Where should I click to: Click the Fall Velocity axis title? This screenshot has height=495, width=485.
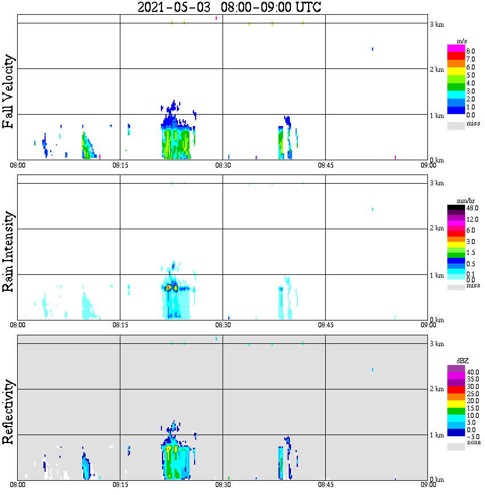[9, 91]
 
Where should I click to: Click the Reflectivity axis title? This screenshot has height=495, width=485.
[9, 413]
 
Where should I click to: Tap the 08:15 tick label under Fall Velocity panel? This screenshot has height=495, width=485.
[120, 165]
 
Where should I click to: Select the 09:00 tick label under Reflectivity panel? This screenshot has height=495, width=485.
[429, 485]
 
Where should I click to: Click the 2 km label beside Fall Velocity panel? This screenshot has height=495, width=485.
[436, 70]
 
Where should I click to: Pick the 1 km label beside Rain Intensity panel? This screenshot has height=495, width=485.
[436, 275]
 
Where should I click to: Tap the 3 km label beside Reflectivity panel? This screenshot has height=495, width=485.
[436, 344]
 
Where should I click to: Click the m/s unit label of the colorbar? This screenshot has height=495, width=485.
[462, 41]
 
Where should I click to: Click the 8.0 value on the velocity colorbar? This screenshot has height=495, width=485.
[471, 51]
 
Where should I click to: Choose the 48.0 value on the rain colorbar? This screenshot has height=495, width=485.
[472, 208]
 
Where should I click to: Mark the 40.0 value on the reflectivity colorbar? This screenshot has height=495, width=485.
[472, 372]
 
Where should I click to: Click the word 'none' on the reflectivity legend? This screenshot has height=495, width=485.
[474, 442]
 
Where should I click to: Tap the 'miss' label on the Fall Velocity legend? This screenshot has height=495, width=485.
[474, 123]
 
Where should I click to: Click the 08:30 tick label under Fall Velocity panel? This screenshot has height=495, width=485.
[223, 165]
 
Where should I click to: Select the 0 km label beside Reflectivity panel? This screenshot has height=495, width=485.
[436, 480]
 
